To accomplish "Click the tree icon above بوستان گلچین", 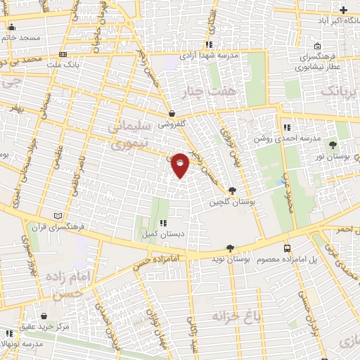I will pyautogui.click(x=232, y=190).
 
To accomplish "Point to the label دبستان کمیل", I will pyautogui.click(x=154, y=233).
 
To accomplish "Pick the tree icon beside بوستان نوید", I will pyautogui.click(x=231, y=247).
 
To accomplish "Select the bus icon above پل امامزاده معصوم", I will pyautogui.click(x=286, y=248).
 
